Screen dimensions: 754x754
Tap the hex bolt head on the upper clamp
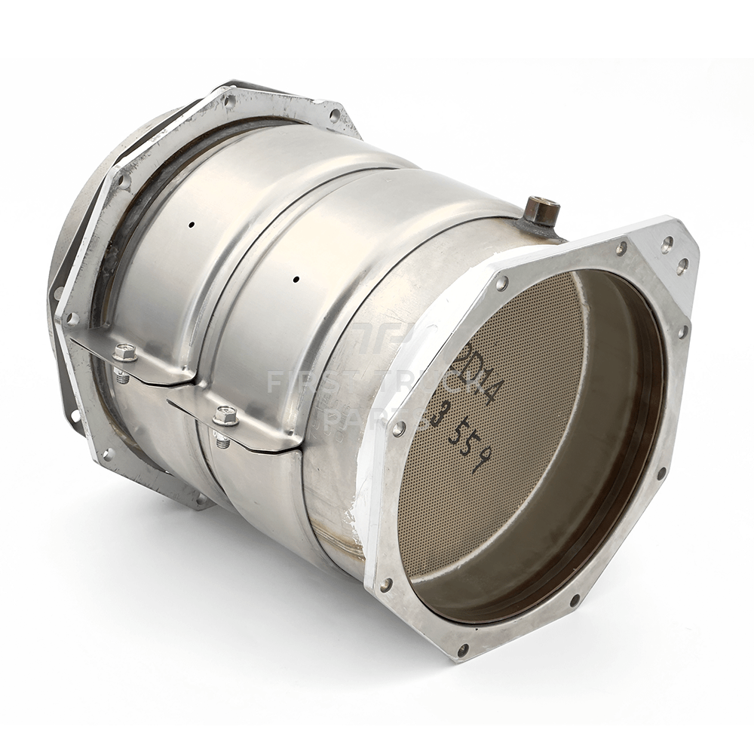125,352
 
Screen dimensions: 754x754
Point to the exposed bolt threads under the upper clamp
123,375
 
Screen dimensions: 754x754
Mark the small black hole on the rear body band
192,225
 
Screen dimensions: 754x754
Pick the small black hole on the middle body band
296,279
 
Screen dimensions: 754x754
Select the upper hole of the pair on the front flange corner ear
667,243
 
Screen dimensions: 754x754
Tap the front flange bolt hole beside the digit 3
399,428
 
